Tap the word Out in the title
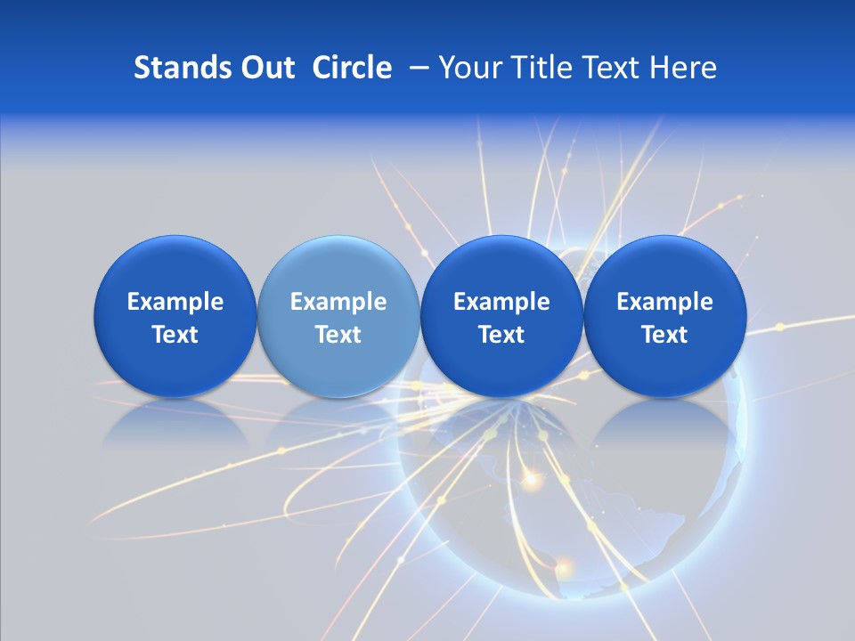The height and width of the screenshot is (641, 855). point(265,68)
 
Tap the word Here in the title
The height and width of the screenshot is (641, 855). point(684,68)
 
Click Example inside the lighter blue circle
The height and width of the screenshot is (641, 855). point(338,302)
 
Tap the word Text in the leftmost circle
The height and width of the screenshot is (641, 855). point(175,335)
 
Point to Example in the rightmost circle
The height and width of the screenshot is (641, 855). point(665,302)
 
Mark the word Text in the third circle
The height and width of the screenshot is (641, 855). point(501,335)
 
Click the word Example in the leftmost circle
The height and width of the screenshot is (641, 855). point(175,302)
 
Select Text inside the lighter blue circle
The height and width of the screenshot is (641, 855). point(338,335)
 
